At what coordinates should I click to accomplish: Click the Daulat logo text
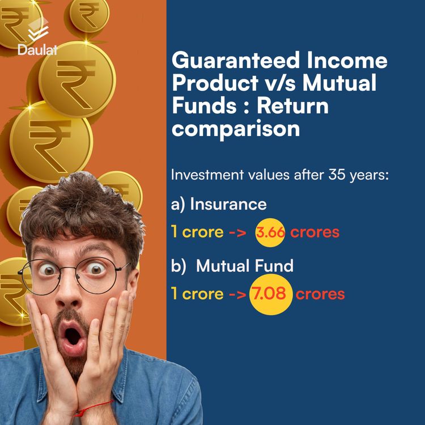[x=37, y=49]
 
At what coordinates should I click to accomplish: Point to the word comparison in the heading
[x=235, y=129]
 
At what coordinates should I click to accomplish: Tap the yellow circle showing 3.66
[x=270, y=233]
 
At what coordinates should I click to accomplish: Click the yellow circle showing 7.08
[x=271, y=294]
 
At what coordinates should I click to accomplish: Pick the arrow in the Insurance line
[x=236, y=233]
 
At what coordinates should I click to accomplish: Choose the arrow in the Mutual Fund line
[x=236, y=294]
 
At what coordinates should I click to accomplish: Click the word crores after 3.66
[x=314, y=233]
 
